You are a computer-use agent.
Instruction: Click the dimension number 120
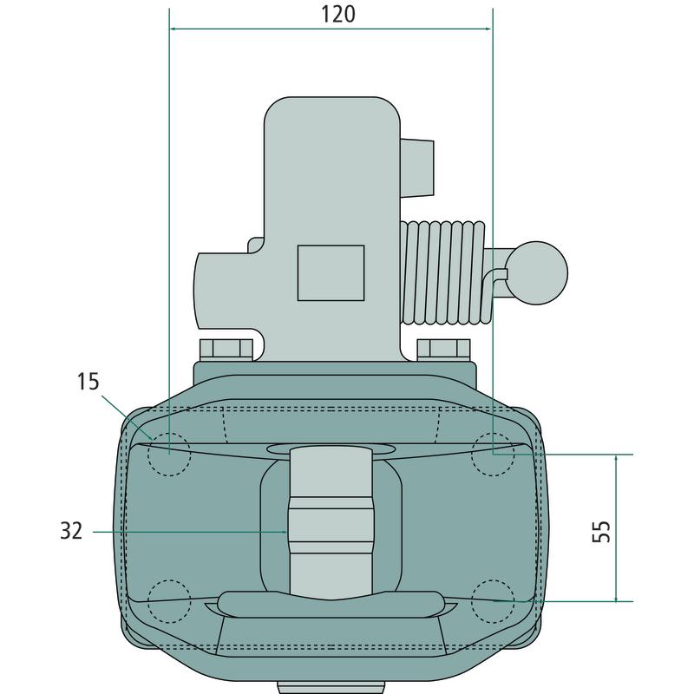click(337, 14)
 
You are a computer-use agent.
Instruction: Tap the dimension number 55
click(601, 531)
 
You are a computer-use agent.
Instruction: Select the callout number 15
click(88, 382)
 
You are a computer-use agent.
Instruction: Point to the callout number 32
click(71, 531)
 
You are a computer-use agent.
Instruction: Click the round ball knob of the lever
click(536, 273)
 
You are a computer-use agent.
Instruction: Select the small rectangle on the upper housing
click(331, 273)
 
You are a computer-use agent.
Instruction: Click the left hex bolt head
click(226, 350)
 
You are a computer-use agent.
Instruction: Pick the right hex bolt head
click(443, 350)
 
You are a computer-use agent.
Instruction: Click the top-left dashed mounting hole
click(169, 455)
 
